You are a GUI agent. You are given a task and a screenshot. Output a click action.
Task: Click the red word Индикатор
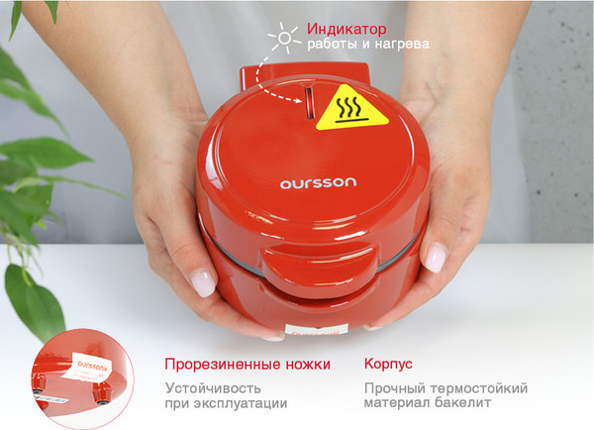346,28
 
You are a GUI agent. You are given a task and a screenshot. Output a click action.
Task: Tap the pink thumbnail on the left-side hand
203,283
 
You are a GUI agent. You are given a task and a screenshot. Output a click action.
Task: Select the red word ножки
301,365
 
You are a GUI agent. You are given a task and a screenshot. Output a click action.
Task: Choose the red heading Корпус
388,365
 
